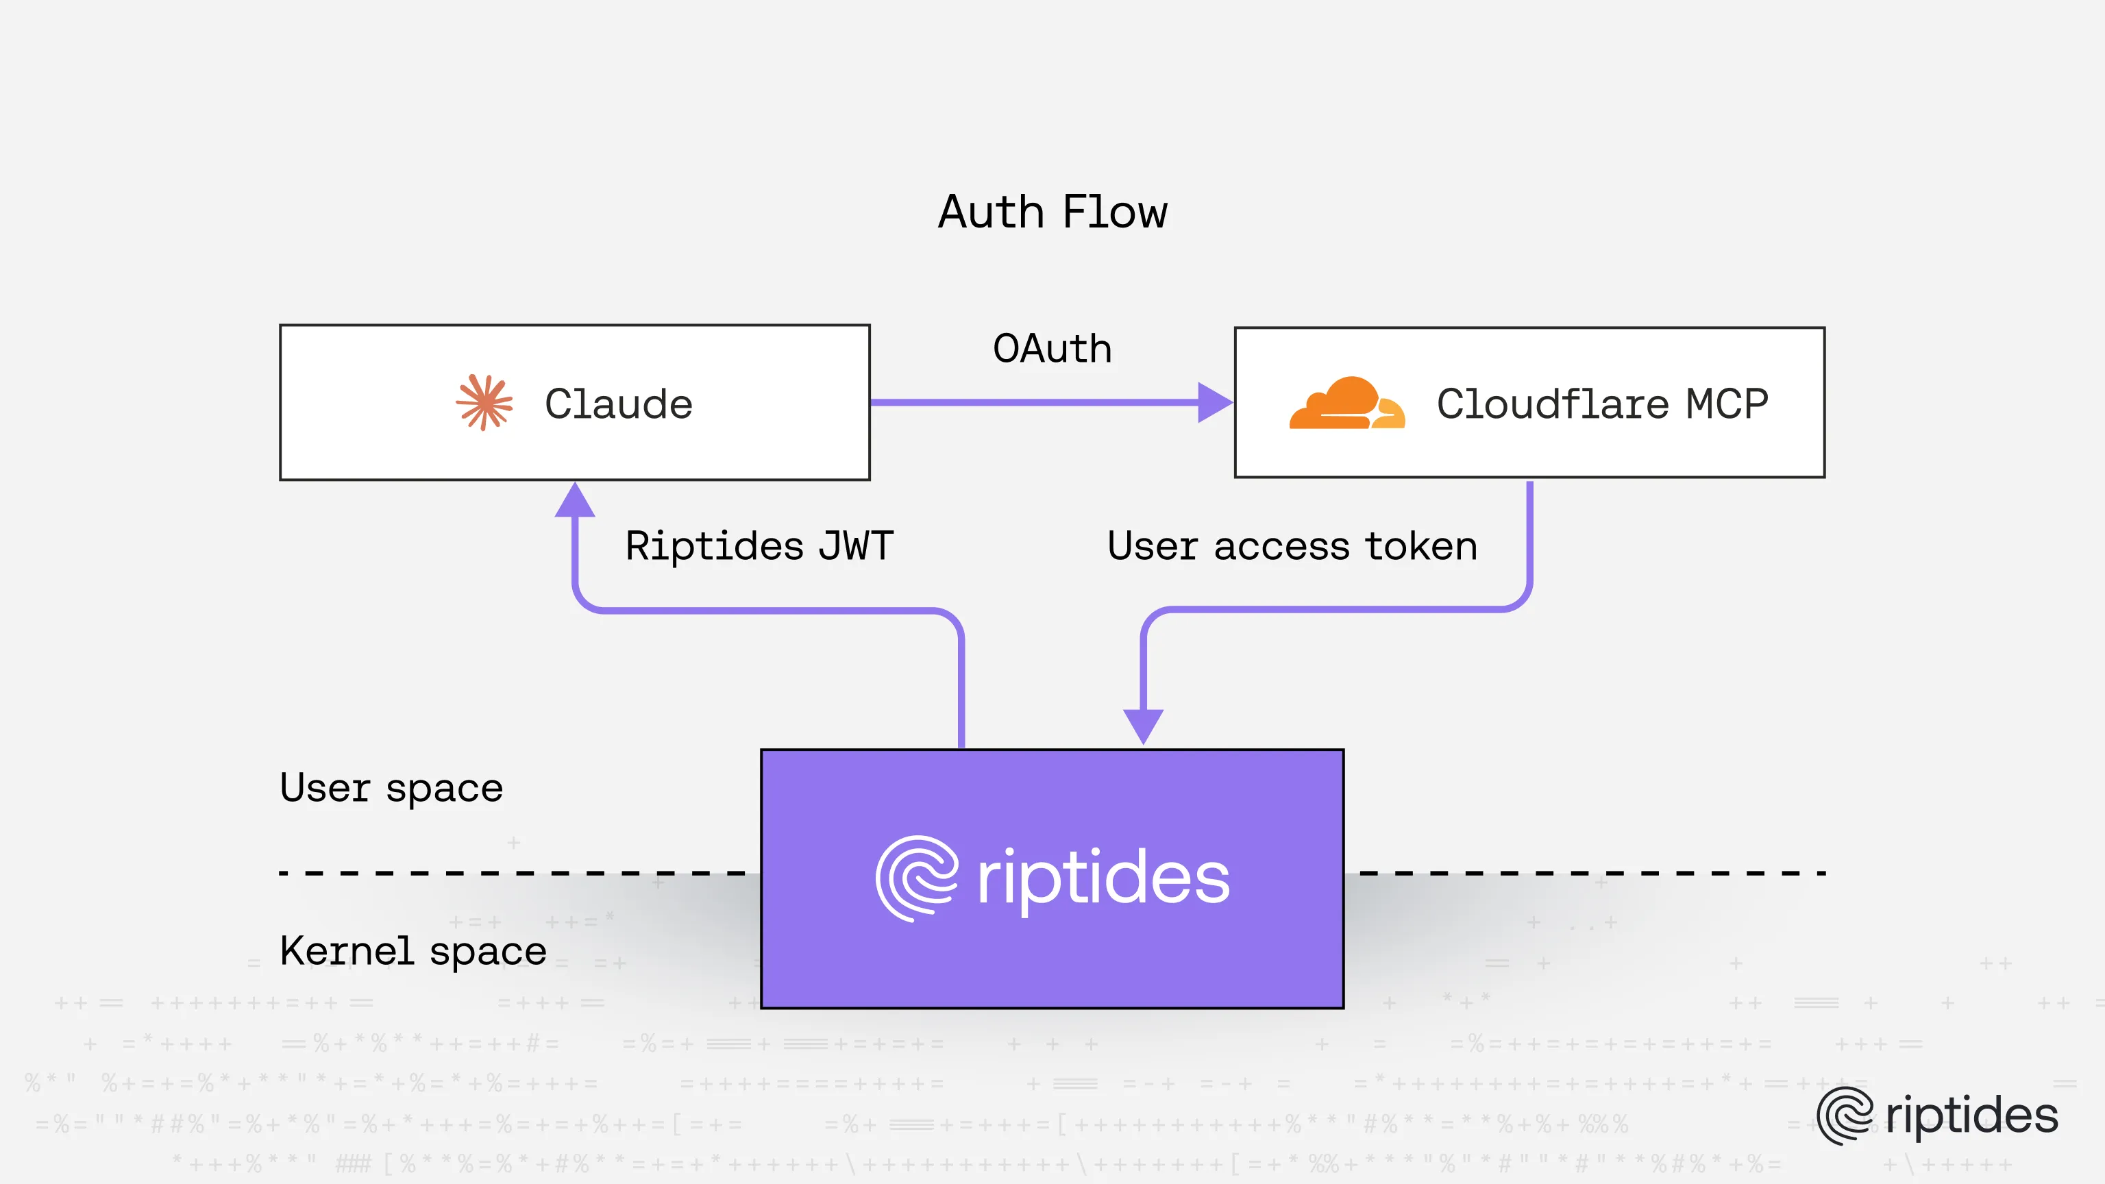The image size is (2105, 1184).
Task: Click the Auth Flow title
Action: coord(1052,212)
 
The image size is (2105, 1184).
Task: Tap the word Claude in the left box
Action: coord(619,404)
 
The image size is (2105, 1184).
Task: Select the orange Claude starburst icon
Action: coord(484,402)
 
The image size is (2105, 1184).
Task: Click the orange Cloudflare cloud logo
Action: coord(1346,404)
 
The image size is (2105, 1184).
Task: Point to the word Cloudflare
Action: coord(1552,404)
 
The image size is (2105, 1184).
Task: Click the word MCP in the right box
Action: coord(1727,404)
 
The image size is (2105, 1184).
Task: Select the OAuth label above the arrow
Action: coord(1052,349)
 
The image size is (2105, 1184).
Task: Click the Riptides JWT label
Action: coord(759,546)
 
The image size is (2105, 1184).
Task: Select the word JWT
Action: coord(856,546)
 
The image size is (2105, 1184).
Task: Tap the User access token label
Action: coord(1292,546)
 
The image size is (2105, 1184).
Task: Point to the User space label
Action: coord(391,789)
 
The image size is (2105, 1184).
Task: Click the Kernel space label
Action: coord(413,951)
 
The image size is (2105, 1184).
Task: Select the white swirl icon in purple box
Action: coord(916,878)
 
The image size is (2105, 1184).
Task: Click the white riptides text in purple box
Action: coord(1103,878)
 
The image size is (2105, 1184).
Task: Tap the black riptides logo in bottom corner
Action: coord(1936,1115)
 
